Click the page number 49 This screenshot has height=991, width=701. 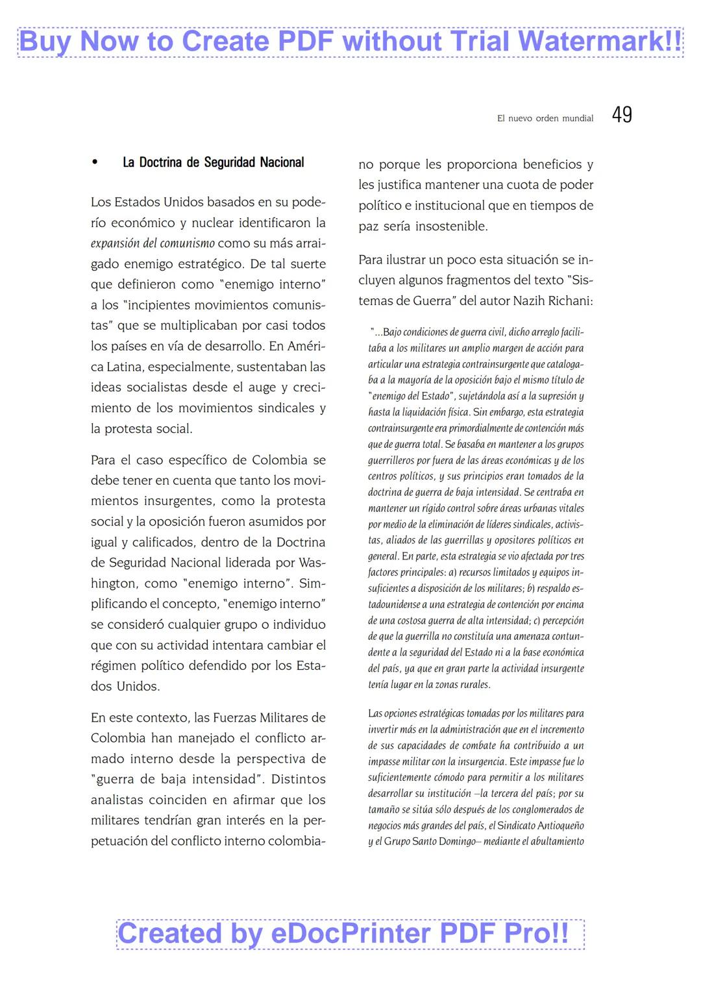click(x=621, y=115)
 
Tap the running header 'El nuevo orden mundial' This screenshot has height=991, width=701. click(x=545, y=118)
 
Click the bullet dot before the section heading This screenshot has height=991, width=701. click(x=95, y=162)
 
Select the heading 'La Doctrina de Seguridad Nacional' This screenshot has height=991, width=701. click(x=213, y=162)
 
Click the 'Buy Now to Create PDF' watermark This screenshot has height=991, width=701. click(x=350, y=42)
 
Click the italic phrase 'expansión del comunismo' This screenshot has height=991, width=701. click(x=153, y=243)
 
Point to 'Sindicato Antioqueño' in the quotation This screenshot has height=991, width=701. click(x=540, y=826)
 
